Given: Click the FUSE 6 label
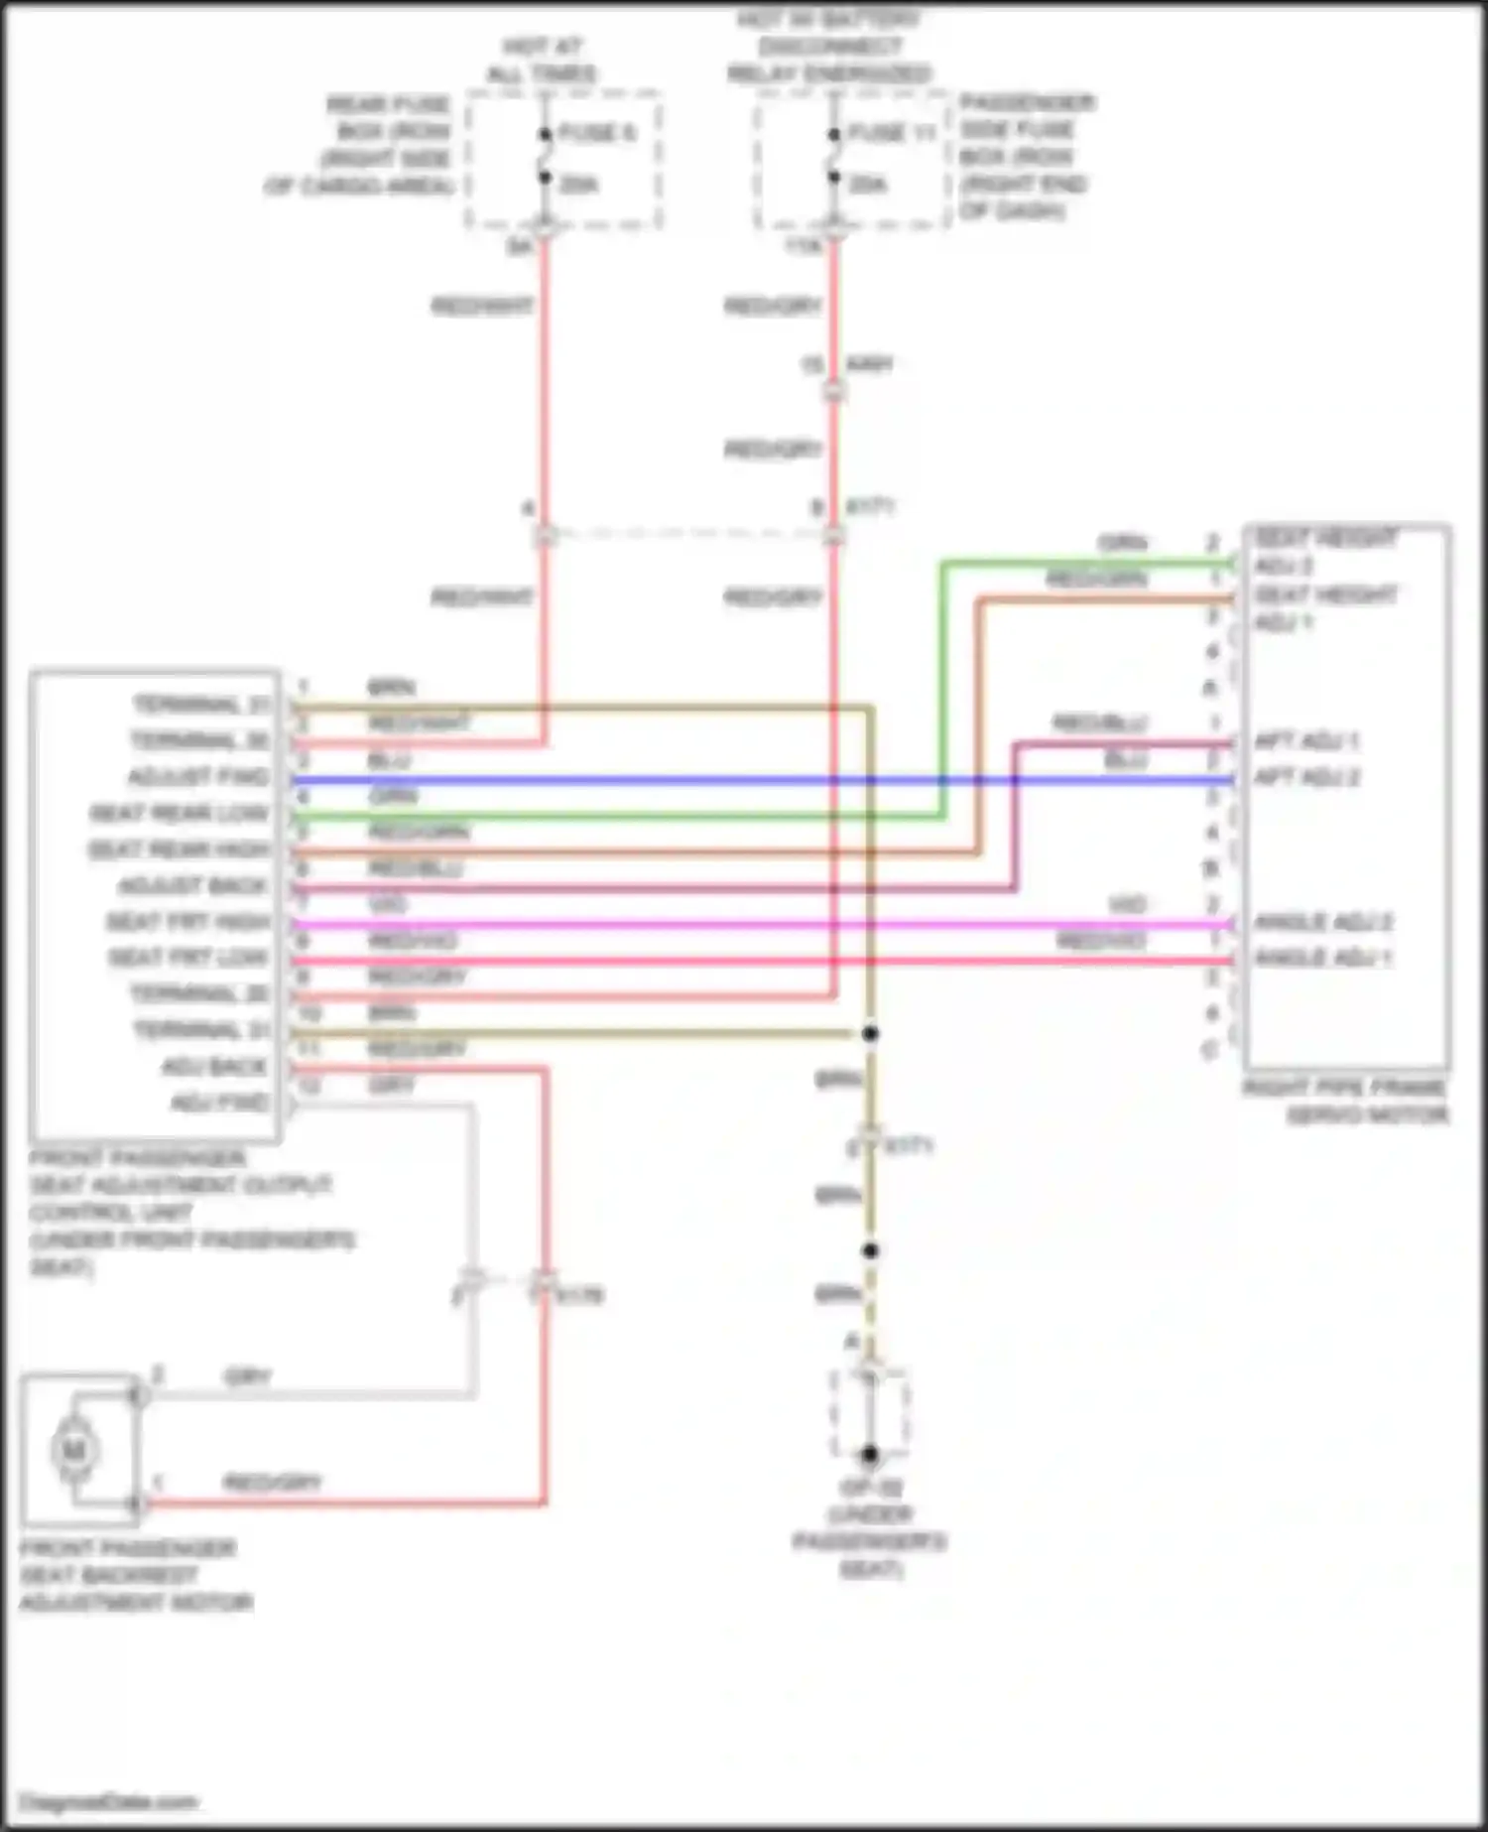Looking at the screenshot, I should pos(596,133).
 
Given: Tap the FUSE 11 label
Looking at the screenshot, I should pos(892,133).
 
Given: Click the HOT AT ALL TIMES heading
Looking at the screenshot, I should pos(542,61).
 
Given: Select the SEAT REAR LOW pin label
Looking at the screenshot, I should pos(180,814).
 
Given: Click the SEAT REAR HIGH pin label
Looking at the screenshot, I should pos(179,851).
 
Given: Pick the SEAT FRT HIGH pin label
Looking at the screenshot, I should pos(187,922).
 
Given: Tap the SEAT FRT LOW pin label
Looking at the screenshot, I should pos(187,958).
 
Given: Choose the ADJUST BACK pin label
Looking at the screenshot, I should pos(192,885).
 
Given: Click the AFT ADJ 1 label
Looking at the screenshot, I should pos(1305,741).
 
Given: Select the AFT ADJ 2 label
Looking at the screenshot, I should pos(1306,777).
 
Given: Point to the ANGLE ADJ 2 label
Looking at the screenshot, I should pos(1322,922).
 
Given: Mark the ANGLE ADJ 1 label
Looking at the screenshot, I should pos(1322,958).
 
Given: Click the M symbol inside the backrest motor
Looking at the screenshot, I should pos(73,1451).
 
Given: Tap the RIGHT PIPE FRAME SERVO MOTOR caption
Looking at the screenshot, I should pos(1346,1102).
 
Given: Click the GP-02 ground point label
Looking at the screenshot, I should pos(869,1488).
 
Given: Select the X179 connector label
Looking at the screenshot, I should pos(579,1296).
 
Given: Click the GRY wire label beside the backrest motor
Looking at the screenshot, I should pos(248,1376).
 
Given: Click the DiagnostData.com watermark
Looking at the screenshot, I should pos(109,1802).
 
